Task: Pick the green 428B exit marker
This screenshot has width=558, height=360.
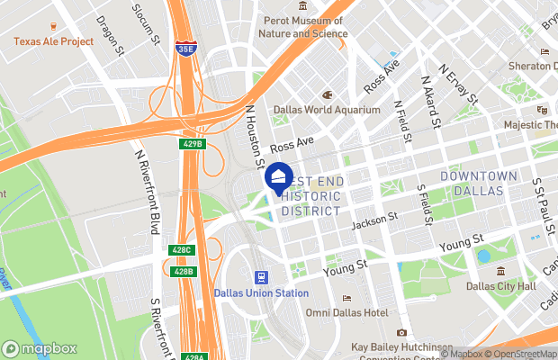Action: (182, 271)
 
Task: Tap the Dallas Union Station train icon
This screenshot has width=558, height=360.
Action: (260, 277)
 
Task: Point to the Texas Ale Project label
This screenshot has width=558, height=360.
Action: (53, 41)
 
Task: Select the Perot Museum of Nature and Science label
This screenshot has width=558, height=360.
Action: (301, 27)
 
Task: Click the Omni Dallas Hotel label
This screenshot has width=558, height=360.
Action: (346, 312)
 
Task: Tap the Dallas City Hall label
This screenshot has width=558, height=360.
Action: (500, 286)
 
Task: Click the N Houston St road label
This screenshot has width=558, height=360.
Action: (253, 125)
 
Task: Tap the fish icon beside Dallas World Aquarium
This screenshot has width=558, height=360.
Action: (328, 94)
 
